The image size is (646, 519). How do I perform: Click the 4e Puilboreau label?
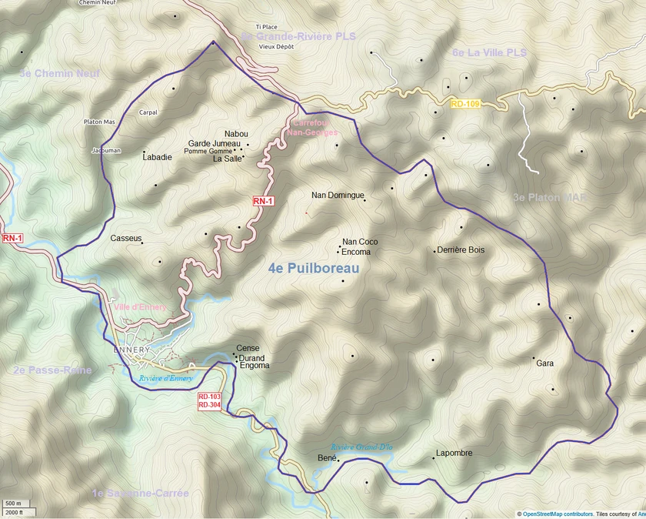314,268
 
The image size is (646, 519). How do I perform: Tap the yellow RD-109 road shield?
465,103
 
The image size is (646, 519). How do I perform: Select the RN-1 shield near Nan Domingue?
264,201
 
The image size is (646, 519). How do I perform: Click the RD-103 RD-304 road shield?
209,400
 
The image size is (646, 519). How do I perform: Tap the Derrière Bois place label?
460,250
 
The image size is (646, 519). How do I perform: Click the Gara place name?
544,363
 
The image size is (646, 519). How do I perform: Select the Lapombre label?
454,454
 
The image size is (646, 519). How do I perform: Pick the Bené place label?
327,458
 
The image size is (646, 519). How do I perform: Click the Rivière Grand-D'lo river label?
361,447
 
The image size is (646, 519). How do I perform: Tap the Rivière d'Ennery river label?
165,378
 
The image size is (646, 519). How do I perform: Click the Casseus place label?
126,239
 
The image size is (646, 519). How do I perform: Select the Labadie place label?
158,157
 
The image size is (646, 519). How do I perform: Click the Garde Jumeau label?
215,143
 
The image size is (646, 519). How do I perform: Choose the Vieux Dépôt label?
276,46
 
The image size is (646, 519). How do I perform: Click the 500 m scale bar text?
13,504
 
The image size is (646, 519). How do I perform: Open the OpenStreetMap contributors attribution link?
558,514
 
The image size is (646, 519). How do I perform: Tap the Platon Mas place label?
99,122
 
